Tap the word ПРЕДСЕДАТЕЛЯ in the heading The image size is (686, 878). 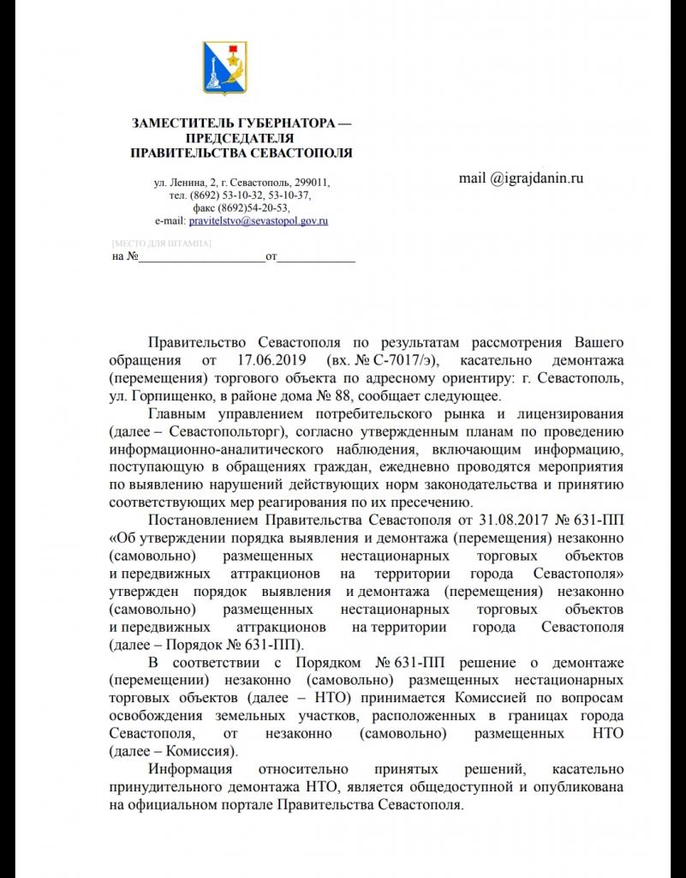[240, 139]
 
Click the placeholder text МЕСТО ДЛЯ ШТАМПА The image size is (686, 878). [162, 244]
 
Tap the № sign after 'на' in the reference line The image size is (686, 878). [131, 256]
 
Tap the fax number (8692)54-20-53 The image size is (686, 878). [254, 208]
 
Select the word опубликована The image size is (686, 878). [571, 788]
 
